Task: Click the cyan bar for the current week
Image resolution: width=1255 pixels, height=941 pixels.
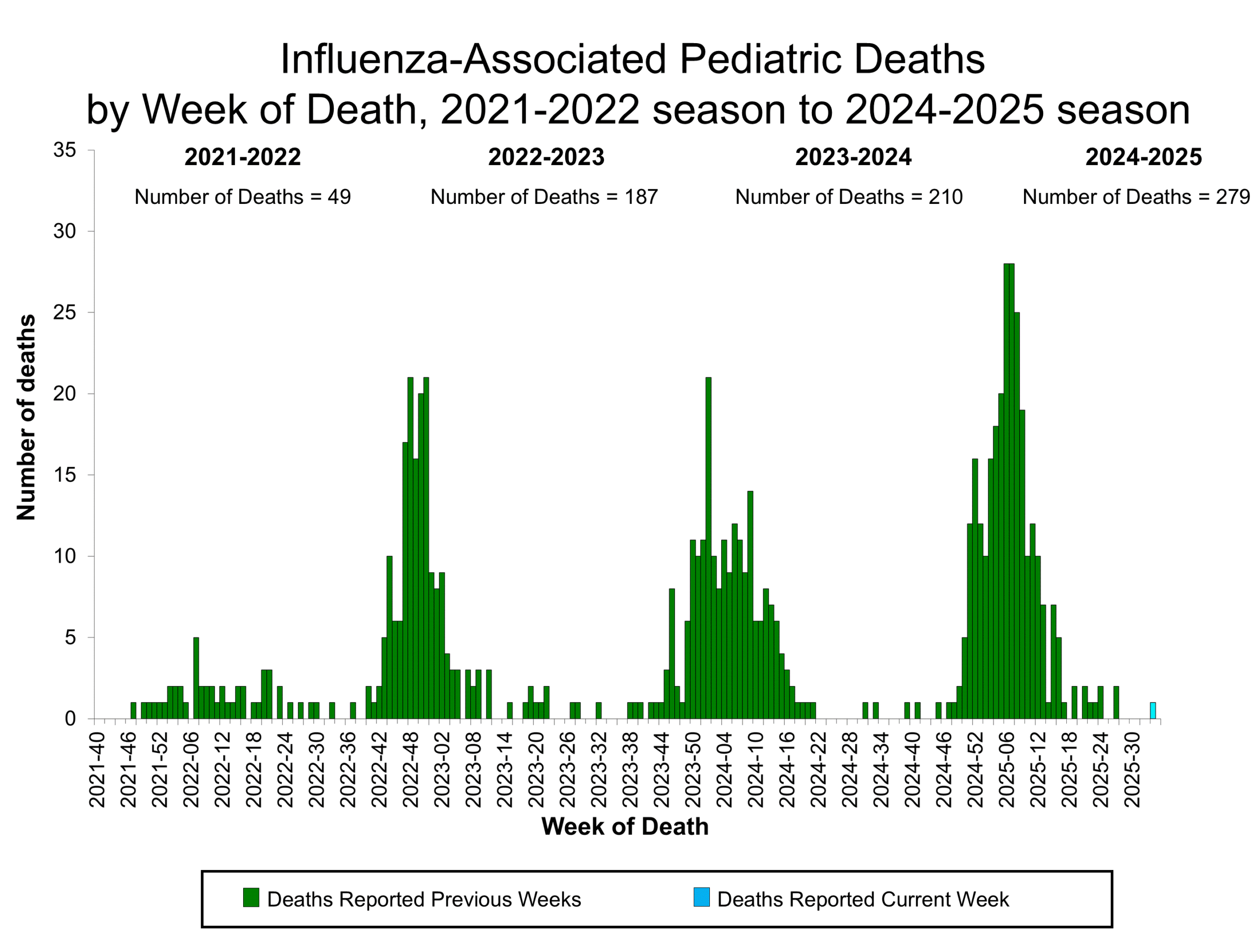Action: coord(1153,710)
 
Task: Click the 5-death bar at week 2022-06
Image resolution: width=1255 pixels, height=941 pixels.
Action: coord(196,678)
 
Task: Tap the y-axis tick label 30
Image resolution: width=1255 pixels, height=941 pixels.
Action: coord(65,231)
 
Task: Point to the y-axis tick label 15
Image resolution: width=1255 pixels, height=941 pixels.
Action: coord(65,475)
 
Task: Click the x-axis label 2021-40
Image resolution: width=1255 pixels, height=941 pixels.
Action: coord(98,769)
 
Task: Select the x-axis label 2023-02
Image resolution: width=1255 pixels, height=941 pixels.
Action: coord(443,769)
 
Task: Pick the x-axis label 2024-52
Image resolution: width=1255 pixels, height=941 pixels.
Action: coord(975,769)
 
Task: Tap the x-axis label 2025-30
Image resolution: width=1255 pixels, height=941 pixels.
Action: coord(1132,769)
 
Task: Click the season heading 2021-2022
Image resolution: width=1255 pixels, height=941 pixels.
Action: coord(242,157)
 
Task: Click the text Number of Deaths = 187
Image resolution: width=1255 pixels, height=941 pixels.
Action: coord(544,197)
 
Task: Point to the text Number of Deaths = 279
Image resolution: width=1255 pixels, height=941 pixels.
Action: coord(1136,197)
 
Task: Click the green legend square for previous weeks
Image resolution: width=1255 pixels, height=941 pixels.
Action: coord(251,897)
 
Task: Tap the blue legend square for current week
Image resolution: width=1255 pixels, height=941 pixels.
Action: coord(701,897)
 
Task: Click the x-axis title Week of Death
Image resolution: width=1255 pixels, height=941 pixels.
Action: coord(625,826)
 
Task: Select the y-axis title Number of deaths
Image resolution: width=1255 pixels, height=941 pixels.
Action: coord(26,417)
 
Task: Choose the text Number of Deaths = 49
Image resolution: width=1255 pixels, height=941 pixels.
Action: coord(242,197)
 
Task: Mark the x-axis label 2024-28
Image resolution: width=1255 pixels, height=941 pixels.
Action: coord(850,769)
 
